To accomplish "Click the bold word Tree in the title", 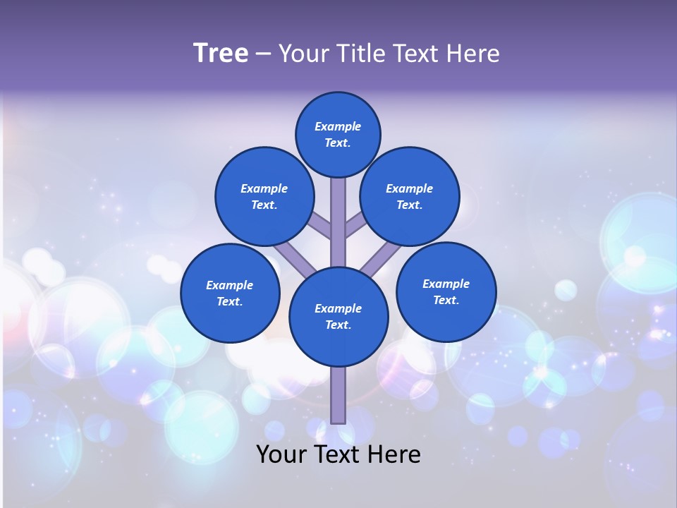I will coord(221,53).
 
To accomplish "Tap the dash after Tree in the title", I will coord(263,54).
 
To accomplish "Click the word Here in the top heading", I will coord(473,54).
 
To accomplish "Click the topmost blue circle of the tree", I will coord(338,134).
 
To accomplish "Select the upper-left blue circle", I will coord(264,196).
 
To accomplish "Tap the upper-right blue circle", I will coord(410,196).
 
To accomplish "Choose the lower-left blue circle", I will coord(230,293).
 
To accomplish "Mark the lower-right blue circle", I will coord(446,291).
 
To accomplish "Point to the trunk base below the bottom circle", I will coord(338,395).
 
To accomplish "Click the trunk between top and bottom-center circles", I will coord(338,222).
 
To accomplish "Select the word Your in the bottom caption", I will coord(281,454).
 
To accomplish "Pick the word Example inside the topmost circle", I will coord(338,126).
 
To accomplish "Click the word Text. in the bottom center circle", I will coord(338,325).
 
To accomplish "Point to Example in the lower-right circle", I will coord(446,284).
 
